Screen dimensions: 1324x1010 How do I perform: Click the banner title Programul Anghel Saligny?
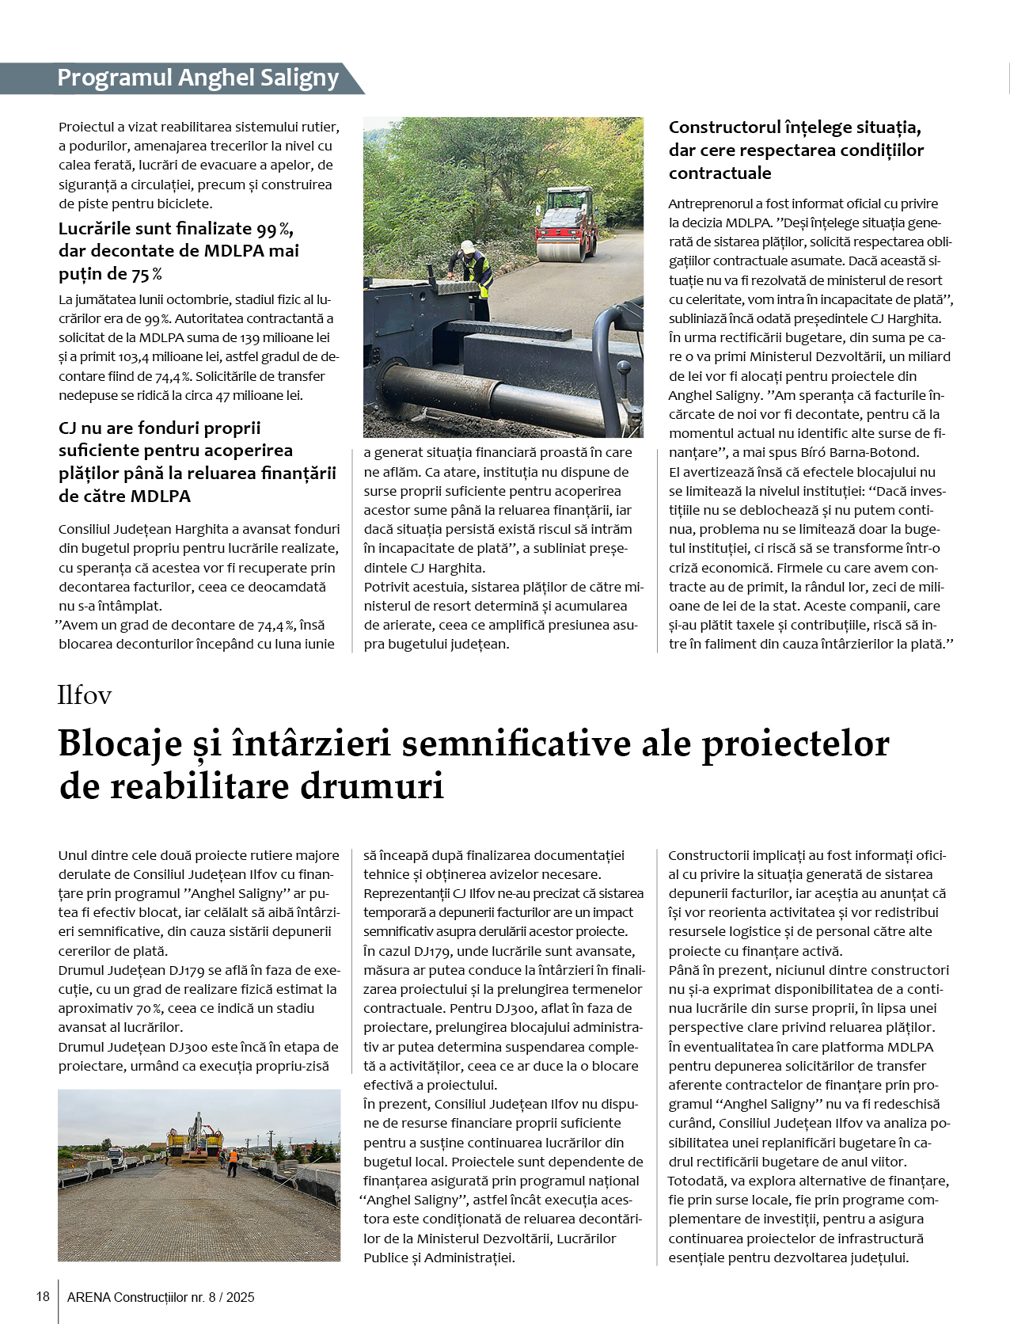pyautogui.click(x=198, y=78)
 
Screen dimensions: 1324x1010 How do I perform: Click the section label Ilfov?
pyautogui.click(x=84, y=695)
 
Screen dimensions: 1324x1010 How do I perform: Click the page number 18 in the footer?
pyautogui.click(x=43, y=1296)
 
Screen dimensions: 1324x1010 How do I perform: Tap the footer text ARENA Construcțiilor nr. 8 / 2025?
pyautogui.click(x=161, y=1297)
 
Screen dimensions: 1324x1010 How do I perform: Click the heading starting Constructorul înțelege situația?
pyautogui.click(x=795, y=150)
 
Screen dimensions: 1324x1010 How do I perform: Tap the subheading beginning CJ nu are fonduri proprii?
pyautogui.click(x=197, y=462)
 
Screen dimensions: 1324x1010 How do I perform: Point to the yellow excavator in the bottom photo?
pyautogui.click(x=195, y=1134)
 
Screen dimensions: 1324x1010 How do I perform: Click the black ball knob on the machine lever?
pyautogui.click(x=625, y=369)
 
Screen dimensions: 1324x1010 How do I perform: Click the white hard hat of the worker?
pyautogui.click(x=468, y=246)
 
